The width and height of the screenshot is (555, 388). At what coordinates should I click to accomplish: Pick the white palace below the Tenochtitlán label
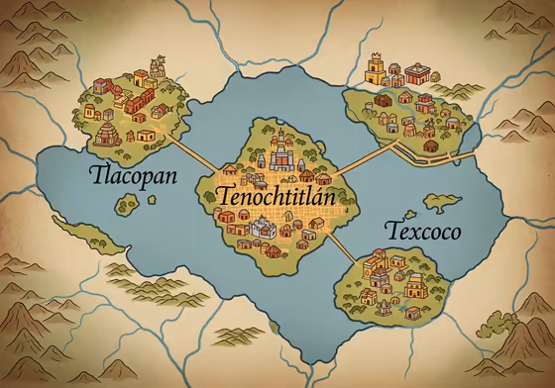point(264,228)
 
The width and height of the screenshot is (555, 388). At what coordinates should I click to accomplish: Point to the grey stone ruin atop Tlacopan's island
point(156,68)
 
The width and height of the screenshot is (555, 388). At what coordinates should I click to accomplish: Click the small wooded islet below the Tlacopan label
point(127,205)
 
